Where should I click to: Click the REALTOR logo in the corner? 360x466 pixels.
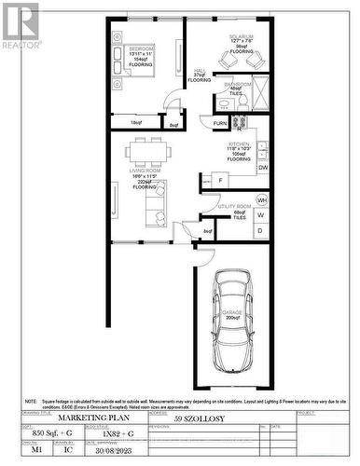tap(21, 25)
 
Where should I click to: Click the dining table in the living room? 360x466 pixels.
tap(148, 151)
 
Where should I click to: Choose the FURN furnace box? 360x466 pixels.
tap(221, 123)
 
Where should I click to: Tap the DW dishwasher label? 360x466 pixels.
tap(263, 168)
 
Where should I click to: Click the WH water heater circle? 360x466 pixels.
tap(262, 200)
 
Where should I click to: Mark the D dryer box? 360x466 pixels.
tap(260, 229)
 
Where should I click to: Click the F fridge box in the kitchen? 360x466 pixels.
tap(220, 179)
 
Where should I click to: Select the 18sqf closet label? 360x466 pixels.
tap(136, 122)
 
